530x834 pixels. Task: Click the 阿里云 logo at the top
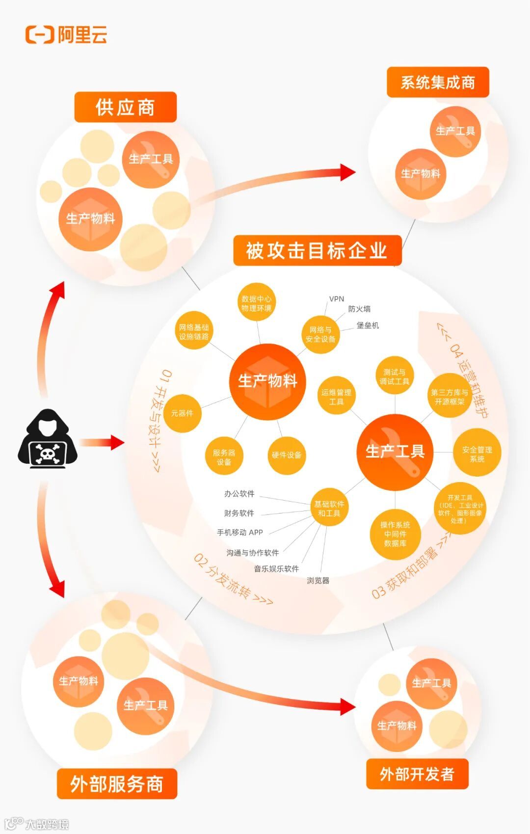pos(66,35)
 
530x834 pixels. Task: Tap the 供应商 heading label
pos(125,107)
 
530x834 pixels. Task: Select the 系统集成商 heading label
pos(438,82)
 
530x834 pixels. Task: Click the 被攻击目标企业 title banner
pos(317,251)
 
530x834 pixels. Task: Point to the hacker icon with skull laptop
pos(48,439)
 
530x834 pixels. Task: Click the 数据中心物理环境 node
pos(256,303)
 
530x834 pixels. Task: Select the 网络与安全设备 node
pos(320,334)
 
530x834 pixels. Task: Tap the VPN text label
pos(337,298)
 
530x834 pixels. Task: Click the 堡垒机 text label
pos(368,325)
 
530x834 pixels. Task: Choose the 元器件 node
pos(182,413)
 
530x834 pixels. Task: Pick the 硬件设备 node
pos(287,455)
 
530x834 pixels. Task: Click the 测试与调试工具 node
pos(395,377)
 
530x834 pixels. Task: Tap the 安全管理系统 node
pos(477,454)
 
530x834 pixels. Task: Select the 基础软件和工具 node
pos(329,509)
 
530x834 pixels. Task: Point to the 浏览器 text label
pos(318,580)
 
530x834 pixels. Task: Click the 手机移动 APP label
pos(240,532)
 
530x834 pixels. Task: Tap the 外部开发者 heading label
pos(417,774)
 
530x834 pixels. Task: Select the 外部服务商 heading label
pos(117,784)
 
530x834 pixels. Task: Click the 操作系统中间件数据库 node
pos(395,534)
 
